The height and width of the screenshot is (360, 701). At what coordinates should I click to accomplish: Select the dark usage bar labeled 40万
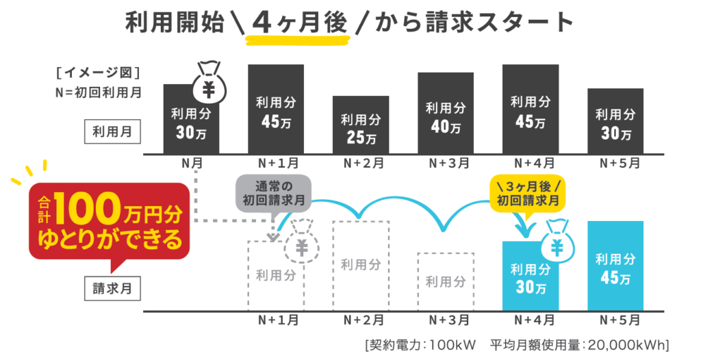click(x=445, y=113)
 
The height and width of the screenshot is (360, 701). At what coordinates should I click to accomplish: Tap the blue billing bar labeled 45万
click(x=615, y=267)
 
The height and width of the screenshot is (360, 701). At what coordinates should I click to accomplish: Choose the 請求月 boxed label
click(x=112, y=288)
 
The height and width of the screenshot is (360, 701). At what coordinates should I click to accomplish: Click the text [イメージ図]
click(x=99, y=72)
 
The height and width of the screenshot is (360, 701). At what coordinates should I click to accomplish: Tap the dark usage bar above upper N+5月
click(x=615, y=120)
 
